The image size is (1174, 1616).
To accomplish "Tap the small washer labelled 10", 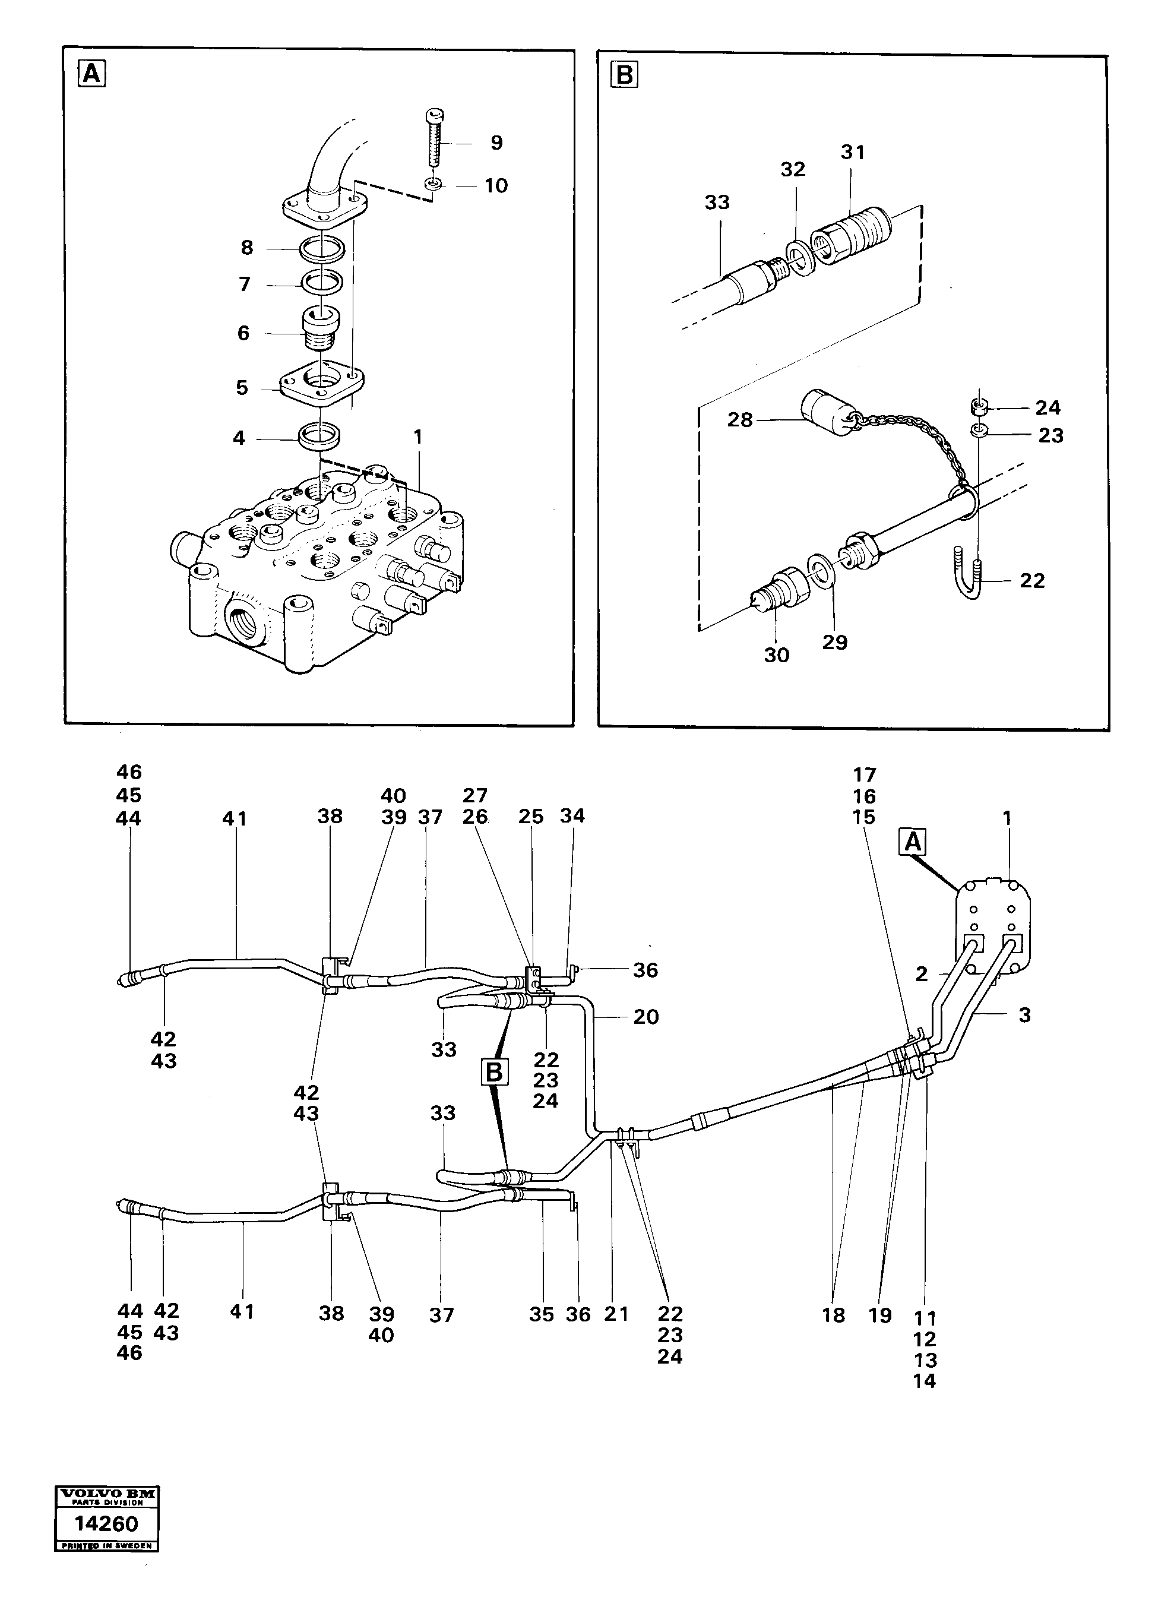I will (x=432, y=185).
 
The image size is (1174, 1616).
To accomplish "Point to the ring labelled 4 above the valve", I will (x=318, y=435).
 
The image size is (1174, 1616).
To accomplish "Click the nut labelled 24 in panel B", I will (x=979, y=407).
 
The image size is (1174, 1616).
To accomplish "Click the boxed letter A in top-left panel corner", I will (x=92, y=74).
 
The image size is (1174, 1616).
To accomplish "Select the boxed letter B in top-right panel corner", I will (x=625, y=74).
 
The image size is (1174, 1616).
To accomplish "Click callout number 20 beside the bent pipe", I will (x=645, y=1017).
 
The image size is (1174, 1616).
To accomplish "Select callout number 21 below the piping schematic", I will (x=616, y=1313).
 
